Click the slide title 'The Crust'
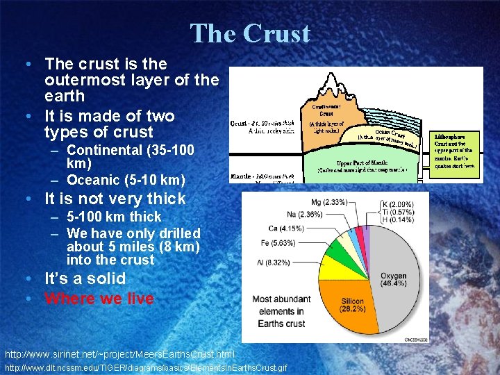250,33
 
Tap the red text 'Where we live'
99,299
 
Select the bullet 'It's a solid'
85,278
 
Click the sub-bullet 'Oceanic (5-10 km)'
125,180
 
